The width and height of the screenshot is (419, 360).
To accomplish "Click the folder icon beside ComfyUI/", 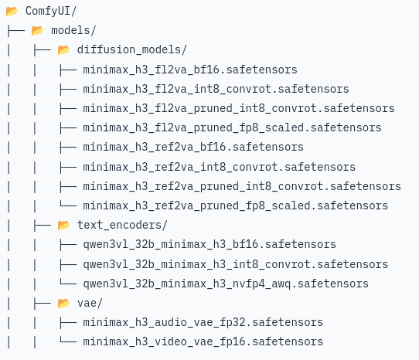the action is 12,12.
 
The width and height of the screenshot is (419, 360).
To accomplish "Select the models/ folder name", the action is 73,30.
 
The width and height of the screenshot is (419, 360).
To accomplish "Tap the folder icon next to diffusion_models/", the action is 63,50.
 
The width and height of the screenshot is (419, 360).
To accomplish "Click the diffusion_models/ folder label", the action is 131,50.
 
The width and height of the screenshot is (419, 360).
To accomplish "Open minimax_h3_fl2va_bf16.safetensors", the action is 190,70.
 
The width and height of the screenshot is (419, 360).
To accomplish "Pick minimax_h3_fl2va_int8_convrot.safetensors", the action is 216,89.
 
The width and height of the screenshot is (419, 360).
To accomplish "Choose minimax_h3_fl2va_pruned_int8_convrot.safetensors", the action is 239,108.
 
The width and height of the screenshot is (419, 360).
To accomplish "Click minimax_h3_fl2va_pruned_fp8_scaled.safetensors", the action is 232,128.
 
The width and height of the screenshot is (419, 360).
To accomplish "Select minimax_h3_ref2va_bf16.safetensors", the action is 193,147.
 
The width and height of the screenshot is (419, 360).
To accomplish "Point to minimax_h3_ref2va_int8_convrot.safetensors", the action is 219,167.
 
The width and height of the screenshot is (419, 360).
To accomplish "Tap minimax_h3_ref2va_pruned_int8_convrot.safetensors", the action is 242,186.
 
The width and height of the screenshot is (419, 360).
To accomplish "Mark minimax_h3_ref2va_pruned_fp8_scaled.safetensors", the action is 236,206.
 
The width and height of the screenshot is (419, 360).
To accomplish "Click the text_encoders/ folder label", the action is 122,225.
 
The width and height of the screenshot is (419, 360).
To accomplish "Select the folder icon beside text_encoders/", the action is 63,226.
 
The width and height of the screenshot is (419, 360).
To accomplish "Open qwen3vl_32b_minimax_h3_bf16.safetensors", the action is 209,245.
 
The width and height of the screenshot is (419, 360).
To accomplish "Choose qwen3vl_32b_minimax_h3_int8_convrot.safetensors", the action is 236,264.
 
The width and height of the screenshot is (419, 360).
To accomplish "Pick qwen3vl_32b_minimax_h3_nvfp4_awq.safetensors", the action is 226,284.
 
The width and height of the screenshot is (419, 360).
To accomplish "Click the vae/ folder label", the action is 90,304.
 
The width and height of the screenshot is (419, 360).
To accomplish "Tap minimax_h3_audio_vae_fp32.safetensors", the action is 203,323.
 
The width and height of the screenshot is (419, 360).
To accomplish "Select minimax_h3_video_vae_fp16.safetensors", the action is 203,341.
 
